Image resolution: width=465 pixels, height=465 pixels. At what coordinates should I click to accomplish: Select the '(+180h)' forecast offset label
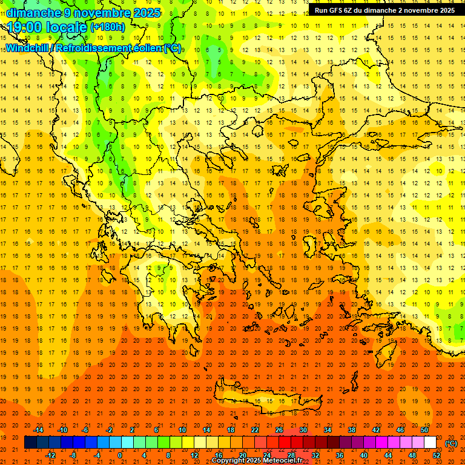click(107, 27)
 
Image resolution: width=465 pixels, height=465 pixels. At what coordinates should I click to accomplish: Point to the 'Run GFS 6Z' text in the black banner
click(334, 10)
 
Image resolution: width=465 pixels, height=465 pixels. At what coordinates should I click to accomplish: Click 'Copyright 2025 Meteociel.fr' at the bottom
click(257, 460)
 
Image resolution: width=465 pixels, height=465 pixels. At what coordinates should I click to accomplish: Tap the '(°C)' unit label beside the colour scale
click(451, 443)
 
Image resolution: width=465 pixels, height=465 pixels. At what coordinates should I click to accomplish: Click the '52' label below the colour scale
click(437, 455)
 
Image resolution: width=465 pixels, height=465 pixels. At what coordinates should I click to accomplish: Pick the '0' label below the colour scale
click(120, 455)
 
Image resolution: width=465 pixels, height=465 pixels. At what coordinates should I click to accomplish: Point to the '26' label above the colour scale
click(279, 430)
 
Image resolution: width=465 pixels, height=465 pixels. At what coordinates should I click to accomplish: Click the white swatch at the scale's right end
click(430, 443)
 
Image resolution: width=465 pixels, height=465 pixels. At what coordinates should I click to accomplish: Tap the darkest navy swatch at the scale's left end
click(30, 443)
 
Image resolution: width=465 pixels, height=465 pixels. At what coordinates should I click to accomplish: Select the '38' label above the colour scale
click(351, 430)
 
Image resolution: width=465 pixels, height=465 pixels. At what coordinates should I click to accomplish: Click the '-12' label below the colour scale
click(51, 455)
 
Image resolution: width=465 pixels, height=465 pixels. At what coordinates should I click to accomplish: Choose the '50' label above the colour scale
click(424, 430)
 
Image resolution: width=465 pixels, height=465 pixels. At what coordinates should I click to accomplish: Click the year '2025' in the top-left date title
click(147, 13)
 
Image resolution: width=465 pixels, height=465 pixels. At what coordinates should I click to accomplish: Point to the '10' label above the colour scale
click(182, 430)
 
